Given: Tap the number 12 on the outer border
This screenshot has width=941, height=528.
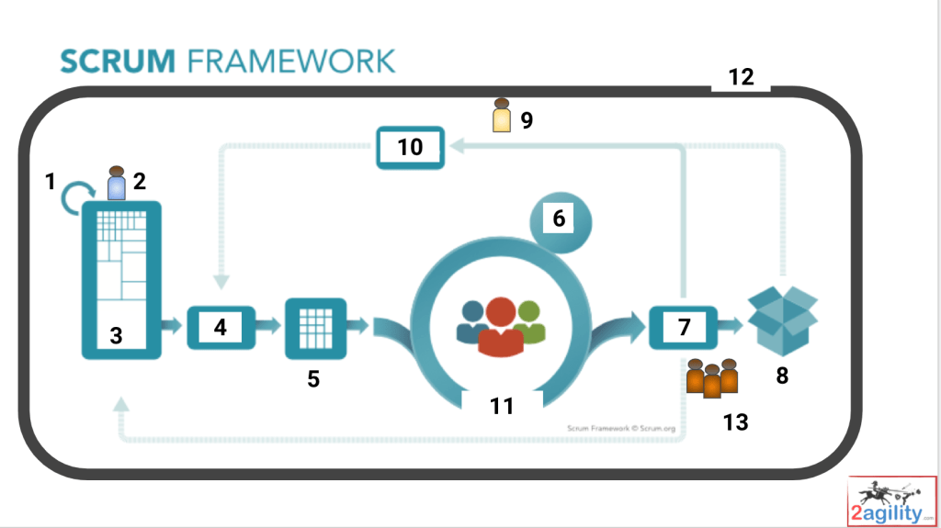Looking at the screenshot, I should click(x=741, y=78).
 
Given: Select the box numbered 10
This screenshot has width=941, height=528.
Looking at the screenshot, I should click(x=410, y=146).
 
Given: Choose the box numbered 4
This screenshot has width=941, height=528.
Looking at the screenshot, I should click(x=221, y=326).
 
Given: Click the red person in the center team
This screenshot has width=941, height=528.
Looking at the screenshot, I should click(x=501, y=327).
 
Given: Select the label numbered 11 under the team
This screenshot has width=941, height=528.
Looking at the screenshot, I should click(x=502, y=405).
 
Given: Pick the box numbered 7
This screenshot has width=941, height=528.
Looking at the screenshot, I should click(x=684, y=326).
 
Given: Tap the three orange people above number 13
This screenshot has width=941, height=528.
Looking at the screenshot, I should click(x=712, y=376).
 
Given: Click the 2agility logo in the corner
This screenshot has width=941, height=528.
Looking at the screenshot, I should click(x=891, y=500).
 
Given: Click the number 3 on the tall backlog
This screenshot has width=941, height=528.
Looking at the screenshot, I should click(x=116, y=336).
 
